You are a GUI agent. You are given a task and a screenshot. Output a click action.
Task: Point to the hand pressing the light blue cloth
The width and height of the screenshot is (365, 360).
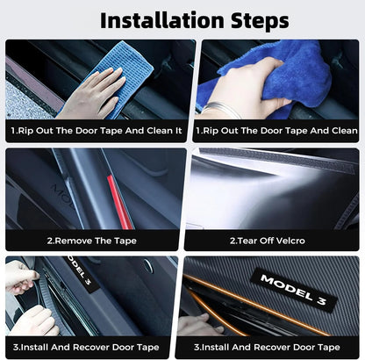(92, 96)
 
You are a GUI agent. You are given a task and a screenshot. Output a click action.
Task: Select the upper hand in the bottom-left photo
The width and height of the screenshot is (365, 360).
(21, 277)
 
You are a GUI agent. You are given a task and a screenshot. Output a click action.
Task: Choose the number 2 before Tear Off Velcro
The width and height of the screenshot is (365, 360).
(232, 240)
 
